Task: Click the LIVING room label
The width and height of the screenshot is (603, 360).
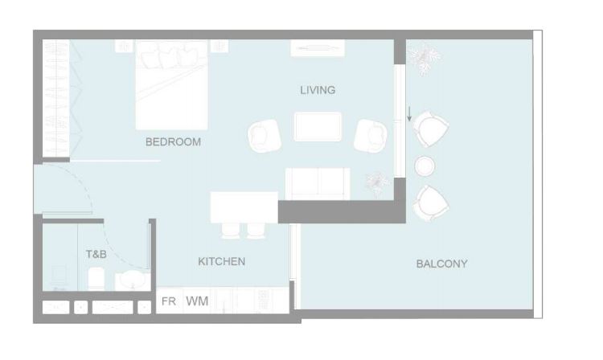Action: tap(318, 90)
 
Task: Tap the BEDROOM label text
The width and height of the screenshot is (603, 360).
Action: tap(173, 141)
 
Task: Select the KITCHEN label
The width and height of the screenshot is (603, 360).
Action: tap(222, 261)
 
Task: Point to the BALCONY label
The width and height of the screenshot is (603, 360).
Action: tap(442, 264)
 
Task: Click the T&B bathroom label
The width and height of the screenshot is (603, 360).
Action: tap(96, 254)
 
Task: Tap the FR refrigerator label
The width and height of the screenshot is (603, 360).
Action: tap(169, 301)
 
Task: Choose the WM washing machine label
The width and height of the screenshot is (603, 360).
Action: tap(197, 301)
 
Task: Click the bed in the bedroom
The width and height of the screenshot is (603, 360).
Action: tap(171, 84)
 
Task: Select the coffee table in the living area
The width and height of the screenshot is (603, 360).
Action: tap(318, 126)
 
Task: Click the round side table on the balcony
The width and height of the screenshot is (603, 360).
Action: tap(425, 166)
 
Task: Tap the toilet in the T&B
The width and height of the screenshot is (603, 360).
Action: tap(96, 278)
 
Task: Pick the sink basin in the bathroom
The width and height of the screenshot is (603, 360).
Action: tap(133, 280)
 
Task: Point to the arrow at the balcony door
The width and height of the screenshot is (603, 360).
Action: tap(409, 114)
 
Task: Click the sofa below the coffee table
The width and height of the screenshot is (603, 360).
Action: tap(318, 184)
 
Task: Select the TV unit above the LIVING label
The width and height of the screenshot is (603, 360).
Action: tap(318, 47)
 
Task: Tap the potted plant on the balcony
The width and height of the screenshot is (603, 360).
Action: tap(425, 58)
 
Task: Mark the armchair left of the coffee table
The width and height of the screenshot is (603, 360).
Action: tap(265, 136)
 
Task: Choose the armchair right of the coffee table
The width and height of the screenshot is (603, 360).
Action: tap(371, 136)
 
